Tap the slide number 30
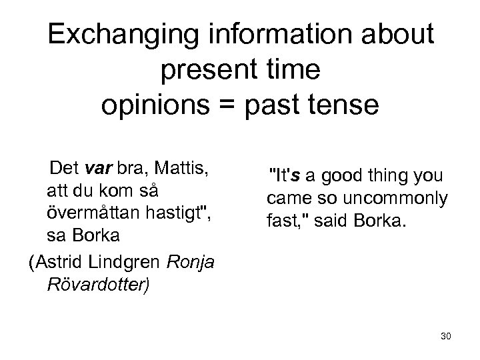445,336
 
